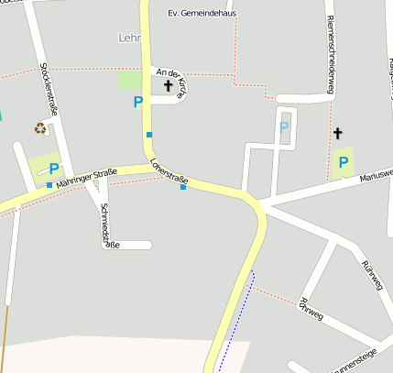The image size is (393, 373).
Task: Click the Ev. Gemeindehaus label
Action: click(x=203, y=14)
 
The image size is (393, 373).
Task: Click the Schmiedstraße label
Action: click(x=108, y=225)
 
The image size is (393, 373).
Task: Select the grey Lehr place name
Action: click(x=131, y=38)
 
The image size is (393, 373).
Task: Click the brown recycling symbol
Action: click(x=41, y=128)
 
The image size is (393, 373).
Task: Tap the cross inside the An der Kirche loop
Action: click(x=168, y=87)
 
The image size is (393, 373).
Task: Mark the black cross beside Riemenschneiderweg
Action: click(x=337, y=134)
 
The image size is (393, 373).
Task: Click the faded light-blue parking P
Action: click(x=284, y=126)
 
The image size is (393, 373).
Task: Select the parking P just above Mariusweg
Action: click(x=344, y=163)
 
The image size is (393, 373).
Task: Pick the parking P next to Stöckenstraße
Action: click(x=54, y=169)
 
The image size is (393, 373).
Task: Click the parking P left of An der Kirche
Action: click(x=138, y=103)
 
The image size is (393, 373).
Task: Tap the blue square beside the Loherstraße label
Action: click(x=183, y=188)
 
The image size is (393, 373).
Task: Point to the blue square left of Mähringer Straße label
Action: click(x=49, y=185)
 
